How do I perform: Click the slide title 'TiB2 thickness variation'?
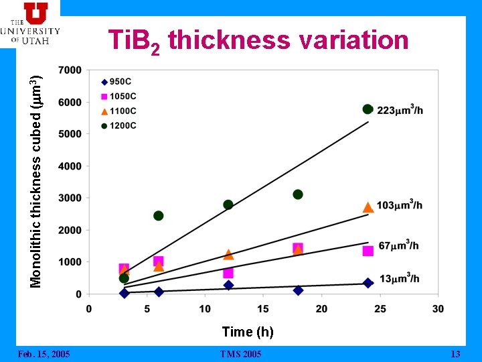click(x=258, y=41)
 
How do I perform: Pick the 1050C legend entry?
click(x=118, y=97)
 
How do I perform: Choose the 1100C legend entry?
click(x=118, y=111)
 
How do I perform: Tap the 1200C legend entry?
click(x=118, y=125)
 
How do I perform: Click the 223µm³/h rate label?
click(x=400, y=110)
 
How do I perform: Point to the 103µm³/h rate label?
click(x=400, y=204)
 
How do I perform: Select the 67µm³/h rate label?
click(x=398, y=245)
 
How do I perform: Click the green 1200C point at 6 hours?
click(x=159, y=216)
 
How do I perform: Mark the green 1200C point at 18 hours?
click(x=298, y=194)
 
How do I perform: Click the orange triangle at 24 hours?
click(x=368, y=207)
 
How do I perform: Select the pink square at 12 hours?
click(x=228, y=273)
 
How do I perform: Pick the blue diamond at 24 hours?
click(x=368, y=283)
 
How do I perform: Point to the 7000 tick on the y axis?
click(x=70, y=70)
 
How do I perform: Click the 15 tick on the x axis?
click(x=263, y=308)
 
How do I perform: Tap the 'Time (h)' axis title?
click(x=248, y=331)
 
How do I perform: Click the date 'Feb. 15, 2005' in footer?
click(x=44, y=354)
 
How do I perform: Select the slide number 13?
click(x=456, y=354)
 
